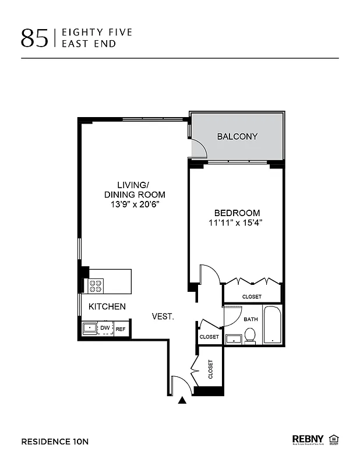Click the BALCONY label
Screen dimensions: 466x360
click(237, 137)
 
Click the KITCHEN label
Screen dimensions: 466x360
click(107, 306)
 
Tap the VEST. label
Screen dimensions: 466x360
click(163, 316)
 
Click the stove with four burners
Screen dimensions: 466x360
click(96, 286)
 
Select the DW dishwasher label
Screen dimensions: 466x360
click(105, 329)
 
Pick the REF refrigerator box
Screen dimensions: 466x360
click(121, 329)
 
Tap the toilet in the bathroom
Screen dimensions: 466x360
click(250, 335)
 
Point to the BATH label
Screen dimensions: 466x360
click(250, 319)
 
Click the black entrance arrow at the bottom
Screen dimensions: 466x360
click(183, 400)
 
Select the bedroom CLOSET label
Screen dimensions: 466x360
click(252, 297)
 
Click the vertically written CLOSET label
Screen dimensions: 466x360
click(210, 369)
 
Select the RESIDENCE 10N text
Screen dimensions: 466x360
click(55, 441)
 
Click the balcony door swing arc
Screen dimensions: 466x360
click(200, 149)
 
